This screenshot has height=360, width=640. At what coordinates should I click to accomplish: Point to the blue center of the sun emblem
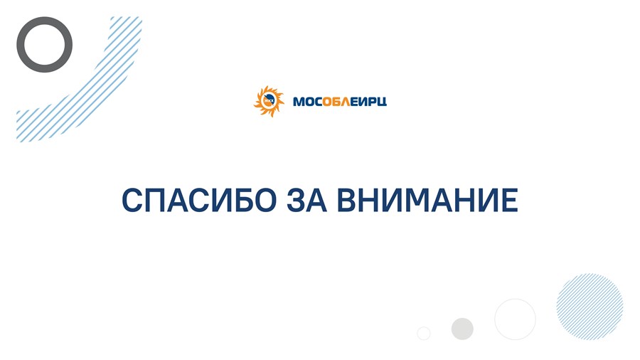click(269, 101)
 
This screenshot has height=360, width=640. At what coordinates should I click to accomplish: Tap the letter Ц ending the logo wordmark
click(381, 102)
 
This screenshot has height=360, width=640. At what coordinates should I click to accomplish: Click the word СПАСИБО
click(199, 200)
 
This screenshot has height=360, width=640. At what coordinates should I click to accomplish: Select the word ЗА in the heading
click(307, 200)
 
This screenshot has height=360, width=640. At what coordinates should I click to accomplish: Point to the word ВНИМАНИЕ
click(428, 200)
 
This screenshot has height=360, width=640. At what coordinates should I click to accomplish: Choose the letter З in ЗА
click(296, 200)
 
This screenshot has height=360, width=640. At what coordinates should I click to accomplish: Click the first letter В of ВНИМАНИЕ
click(347, 200)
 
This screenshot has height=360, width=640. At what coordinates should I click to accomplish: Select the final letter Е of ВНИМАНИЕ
click(509, 200)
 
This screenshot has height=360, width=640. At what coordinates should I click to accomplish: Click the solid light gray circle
click(462, 329)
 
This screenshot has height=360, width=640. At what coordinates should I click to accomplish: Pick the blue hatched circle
click(590, 307)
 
